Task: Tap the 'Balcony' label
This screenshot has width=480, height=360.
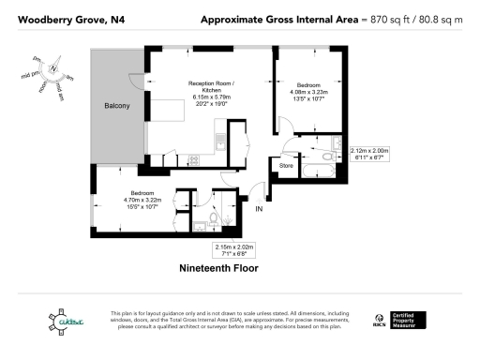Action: pyautogui.click(x=116, y=106)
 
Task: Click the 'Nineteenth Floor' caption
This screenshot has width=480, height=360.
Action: pyautogui.click(x=219, y=268)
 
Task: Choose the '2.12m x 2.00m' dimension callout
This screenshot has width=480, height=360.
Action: pyautogui.click(x=368, y=154)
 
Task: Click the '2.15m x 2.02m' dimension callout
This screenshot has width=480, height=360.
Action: pyautogui.click(x=228, y=249)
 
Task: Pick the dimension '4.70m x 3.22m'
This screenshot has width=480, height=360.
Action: pyautogui.click(x=142, y=200)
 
